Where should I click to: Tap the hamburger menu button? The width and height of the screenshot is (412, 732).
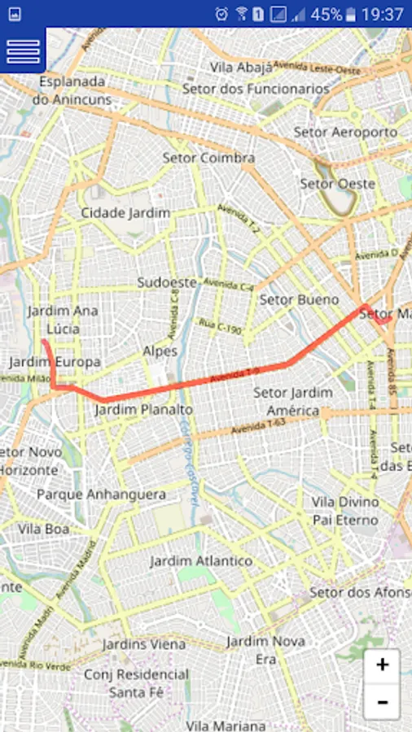click(x=23, y=50)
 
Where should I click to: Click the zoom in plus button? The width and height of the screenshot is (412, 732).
click(x=382, y=665)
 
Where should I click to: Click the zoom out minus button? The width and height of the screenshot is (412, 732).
click(x=382, y=701)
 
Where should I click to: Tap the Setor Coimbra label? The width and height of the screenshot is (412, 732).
click(x=208, y=158)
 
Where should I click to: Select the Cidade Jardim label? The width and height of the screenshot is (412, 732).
click(x=125, y=213)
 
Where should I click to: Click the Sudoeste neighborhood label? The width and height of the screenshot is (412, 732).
click(x=167, y=282)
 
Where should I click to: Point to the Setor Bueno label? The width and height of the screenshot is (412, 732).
click(x=299, y=300)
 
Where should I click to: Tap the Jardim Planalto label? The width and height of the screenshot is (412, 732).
click(x=144, y=409)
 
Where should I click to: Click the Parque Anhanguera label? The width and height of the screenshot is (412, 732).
click(x=101, y=495)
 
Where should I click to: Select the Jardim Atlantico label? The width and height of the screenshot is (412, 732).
click(x=201, y=561)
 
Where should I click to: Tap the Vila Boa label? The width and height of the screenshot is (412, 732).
click(x=44, y=529)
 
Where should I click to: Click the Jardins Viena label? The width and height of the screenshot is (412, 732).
click(x=144, y=644)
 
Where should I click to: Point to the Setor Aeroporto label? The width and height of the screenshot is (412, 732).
click(x=345, y=132)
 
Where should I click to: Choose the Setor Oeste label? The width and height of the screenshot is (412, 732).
click(x=337, y=184)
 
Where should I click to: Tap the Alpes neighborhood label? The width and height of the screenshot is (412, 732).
click(x=160, y=351)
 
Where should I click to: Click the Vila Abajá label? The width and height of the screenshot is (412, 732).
click(x=240, y=68)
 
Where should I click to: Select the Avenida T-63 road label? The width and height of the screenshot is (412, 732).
click(x=259, y=425)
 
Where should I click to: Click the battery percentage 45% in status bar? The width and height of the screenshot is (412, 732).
click(x=326, y=14)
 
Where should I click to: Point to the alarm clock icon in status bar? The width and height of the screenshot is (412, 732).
click(x=221, y=14)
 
